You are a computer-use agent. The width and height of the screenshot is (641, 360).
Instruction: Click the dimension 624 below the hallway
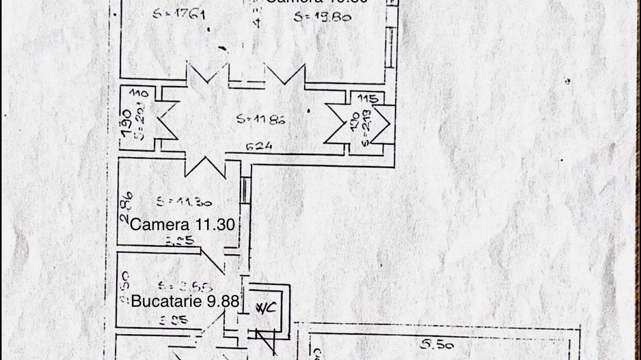click(260, 146)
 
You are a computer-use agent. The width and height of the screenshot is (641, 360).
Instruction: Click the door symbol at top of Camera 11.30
click(204, 164)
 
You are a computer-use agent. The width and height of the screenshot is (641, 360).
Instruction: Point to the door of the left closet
click(166, 122)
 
